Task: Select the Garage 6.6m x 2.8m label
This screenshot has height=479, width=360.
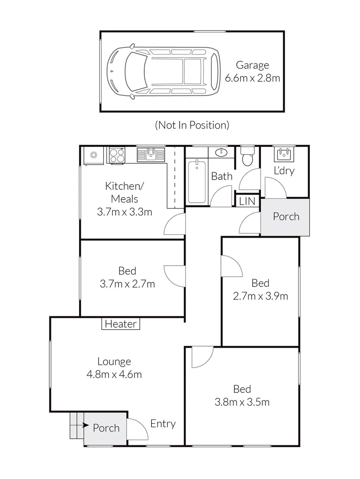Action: (x=252, y=72)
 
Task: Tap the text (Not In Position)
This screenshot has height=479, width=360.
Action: (x=192, y=125)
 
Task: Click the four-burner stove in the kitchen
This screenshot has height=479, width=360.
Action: (x=117, y=155)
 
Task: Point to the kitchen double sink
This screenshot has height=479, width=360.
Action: (x=150, y=154)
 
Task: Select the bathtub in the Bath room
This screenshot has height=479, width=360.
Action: (x=196, y=181)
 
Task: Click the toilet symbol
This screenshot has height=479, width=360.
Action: (x=247, y=156)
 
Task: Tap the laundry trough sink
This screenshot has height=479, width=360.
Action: (x=283, y=154)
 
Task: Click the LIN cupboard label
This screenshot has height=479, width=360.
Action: (x=247, y=201)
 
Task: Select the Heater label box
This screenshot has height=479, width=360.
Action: (x=121, y=324)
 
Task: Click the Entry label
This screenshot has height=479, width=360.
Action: (x=162, y=424)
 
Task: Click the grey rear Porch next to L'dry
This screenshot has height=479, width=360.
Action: (x=285, y=217)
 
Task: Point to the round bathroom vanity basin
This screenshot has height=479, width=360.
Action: (x=221, y=153)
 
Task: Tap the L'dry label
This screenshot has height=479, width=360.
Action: (x=284, y=171)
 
